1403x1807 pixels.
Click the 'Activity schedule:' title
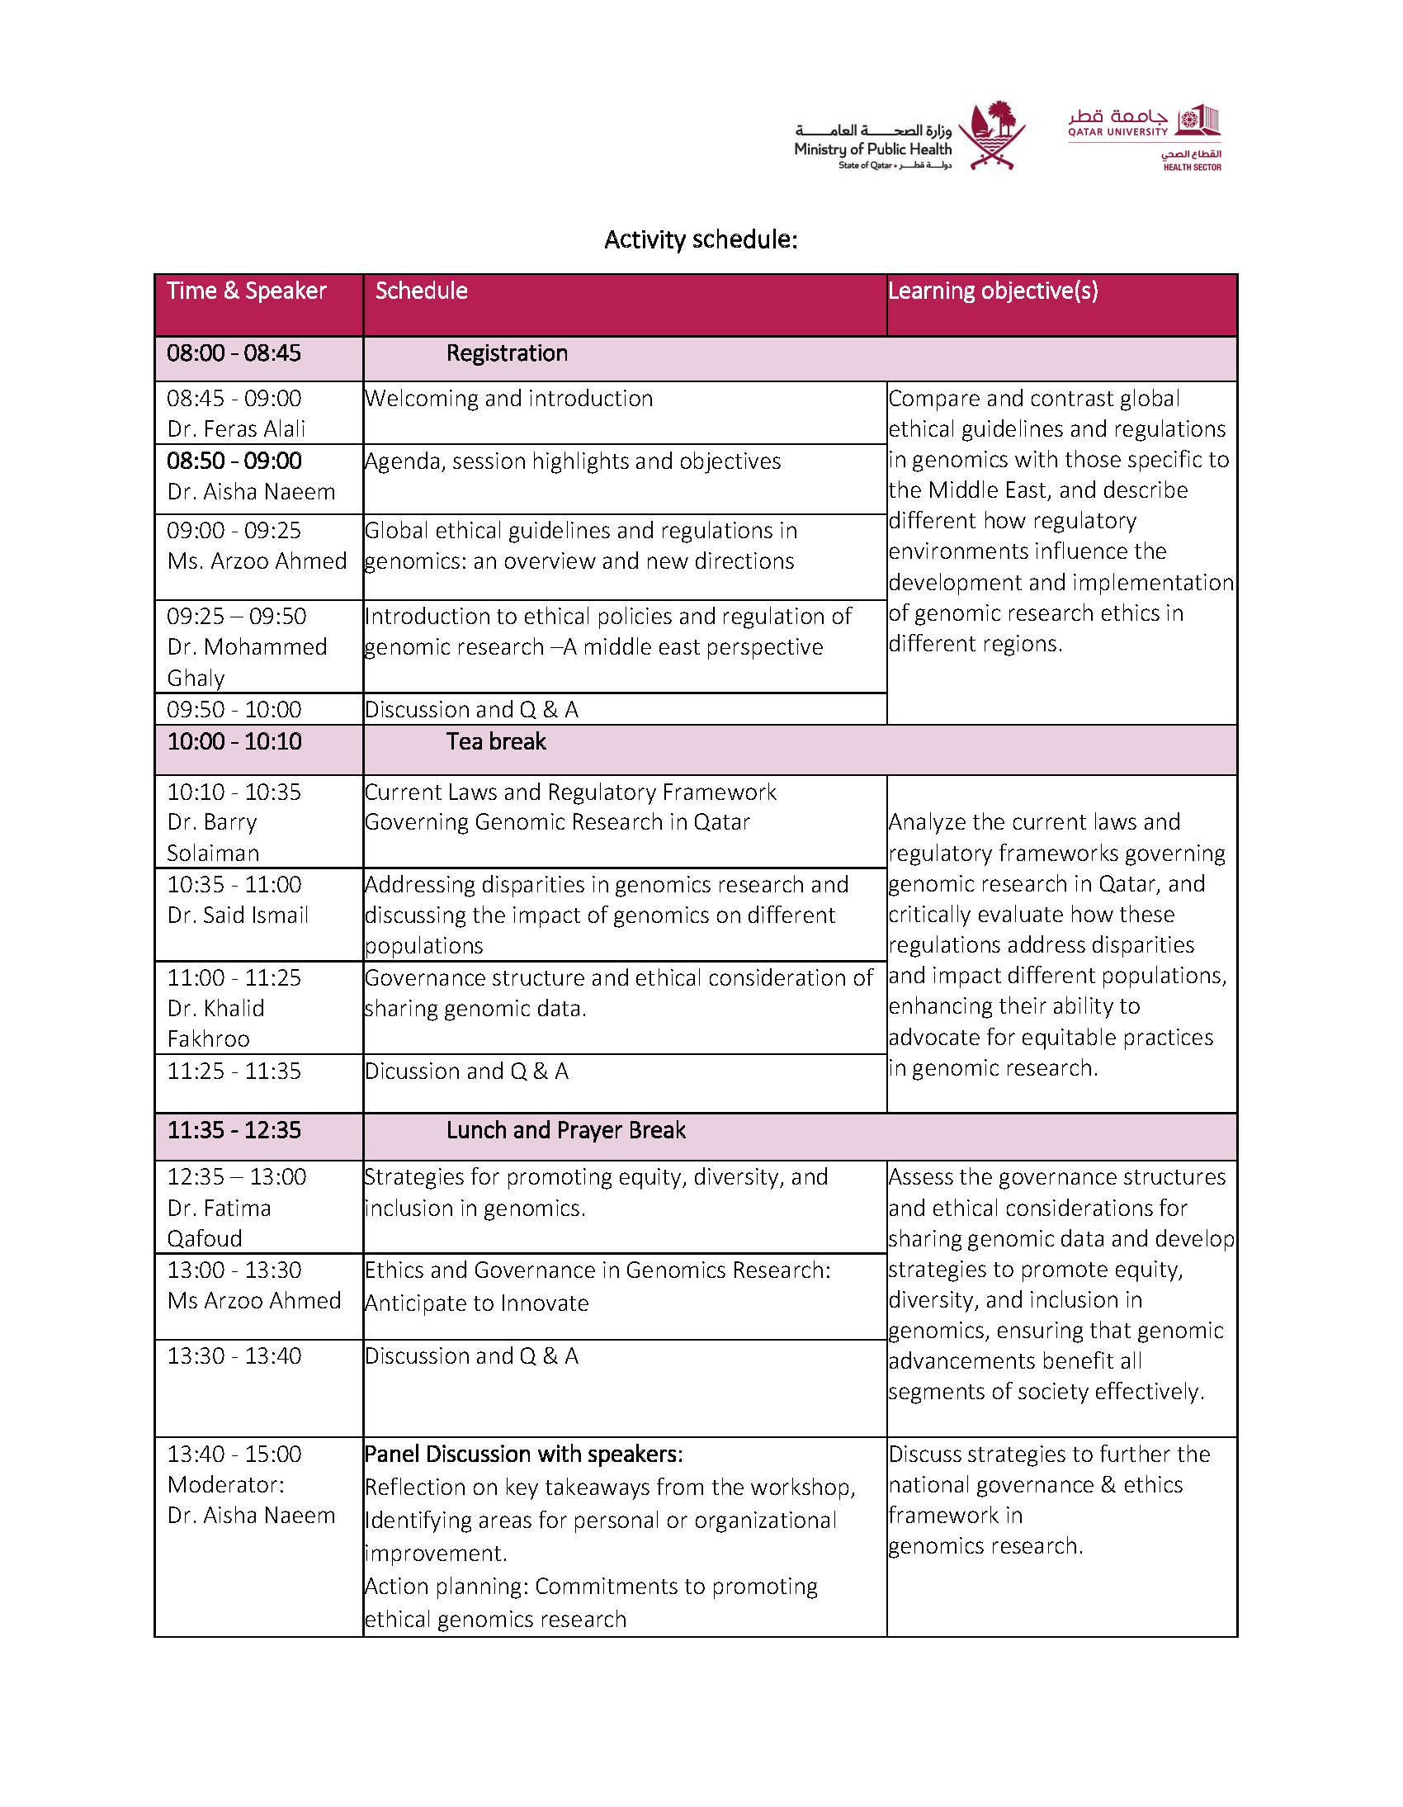click(x=700, y=240)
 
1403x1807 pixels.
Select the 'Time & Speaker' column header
click(x=247, y=291)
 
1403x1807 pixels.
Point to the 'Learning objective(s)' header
click(x=993, y=291)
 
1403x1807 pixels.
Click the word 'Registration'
click(x=507, y=353)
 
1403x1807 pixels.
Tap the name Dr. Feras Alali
click(x=236, y=428)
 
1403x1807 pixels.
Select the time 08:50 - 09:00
click(x=234, y=461)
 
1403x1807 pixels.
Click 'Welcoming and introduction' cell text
click(x=508, y=399)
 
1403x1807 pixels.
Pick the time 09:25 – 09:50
click(x=236, y=617)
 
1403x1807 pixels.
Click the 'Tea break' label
click(x=495, y=741)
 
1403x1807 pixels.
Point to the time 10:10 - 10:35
click(x=234, y=792)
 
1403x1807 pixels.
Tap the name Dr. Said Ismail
click(x=238, y=915)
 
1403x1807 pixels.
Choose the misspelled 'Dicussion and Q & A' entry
click(x=466, y=1071)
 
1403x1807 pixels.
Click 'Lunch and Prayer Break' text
click(x=566, y=1130)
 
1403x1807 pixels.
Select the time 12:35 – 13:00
click(x=236, y=1176)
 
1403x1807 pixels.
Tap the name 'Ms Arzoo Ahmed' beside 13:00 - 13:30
click(x=254, y=1301)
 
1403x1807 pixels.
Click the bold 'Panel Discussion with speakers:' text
click(x=523, y=1454)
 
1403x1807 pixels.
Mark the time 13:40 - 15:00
click(x=234, y=1454)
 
